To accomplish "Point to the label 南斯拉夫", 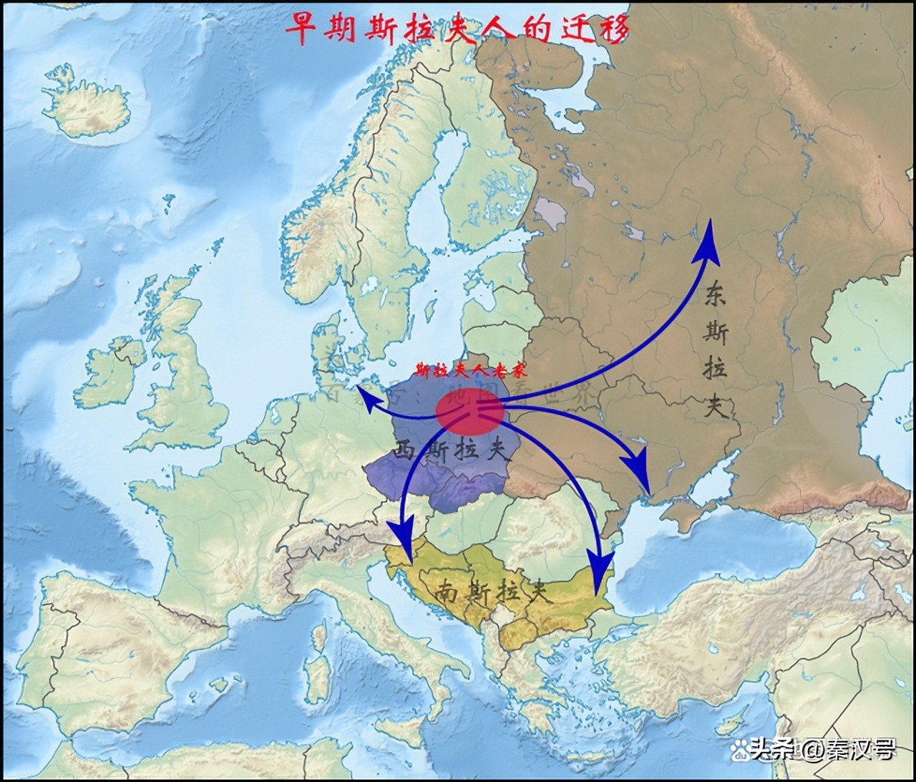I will point(493,592).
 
